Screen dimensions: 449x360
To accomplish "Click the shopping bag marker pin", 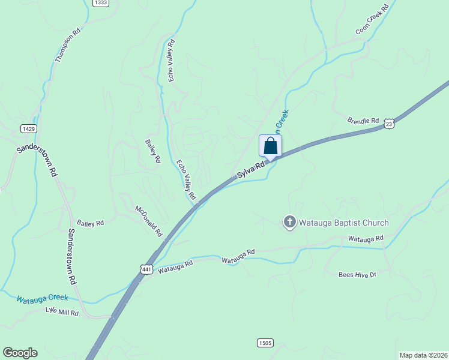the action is point(270,146).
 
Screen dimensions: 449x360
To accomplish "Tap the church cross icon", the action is point(289,223).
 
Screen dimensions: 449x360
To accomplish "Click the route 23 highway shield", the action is point(390,123).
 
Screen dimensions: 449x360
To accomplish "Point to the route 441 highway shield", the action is point(146,269).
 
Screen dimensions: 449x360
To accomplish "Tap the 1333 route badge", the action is point(101,3).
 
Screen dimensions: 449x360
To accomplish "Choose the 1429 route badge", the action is point(28,128).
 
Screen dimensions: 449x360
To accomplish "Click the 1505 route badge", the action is point(265,343).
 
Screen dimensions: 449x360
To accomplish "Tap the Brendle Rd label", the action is point(363,121).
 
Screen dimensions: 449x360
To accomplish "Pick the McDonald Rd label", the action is point(149,221).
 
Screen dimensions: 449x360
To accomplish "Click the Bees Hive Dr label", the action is point(357,274).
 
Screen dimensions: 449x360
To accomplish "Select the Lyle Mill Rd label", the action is point(62,312).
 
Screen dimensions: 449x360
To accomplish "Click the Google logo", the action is point(20,353).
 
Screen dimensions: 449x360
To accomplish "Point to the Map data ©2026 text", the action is point(423,355).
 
